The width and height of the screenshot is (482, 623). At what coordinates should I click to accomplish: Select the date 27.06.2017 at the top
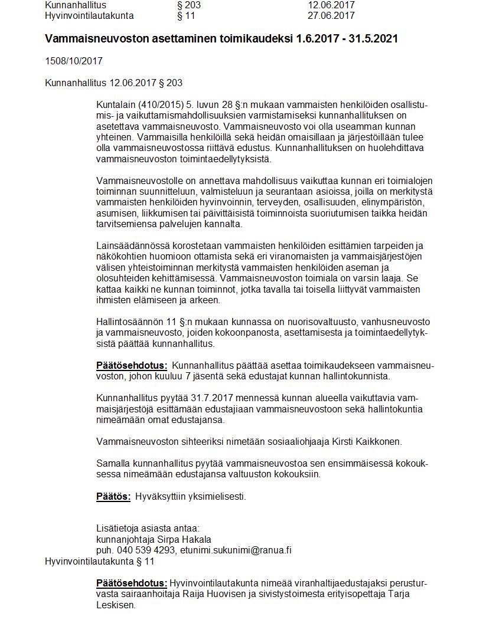coord(331,15)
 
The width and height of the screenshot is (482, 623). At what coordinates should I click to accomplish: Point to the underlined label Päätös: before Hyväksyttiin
coord(113,496)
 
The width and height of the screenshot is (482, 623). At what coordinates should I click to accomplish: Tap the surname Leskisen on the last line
coord(116,605)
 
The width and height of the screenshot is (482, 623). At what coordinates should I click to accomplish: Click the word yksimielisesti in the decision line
coord(216,496)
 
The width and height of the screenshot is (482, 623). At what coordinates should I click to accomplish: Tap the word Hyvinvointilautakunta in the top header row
coord(89,15)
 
